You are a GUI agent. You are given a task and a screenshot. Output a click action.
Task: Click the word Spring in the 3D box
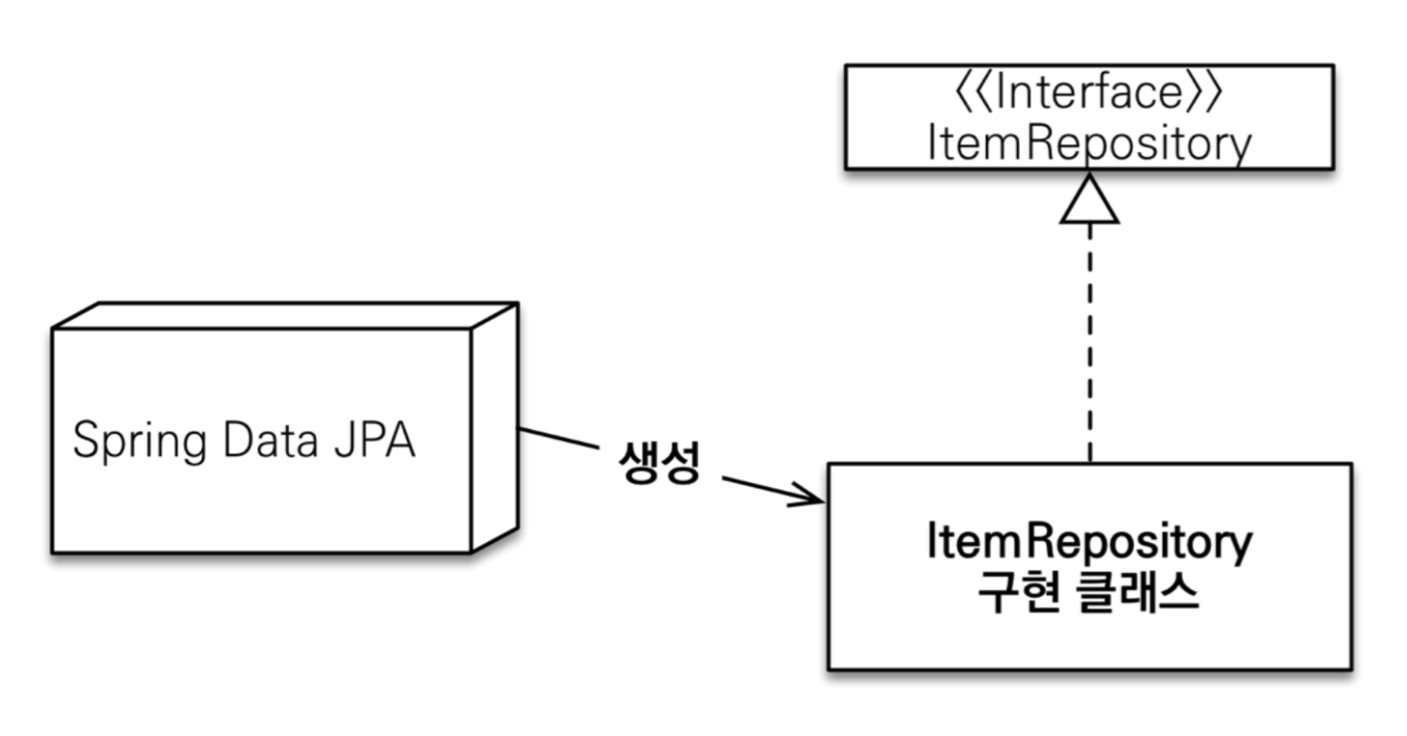pos(139,442)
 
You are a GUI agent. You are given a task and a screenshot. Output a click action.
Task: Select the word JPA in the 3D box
pos(376,440)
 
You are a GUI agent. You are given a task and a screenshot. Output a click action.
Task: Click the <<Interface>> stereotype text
pos(1088,93)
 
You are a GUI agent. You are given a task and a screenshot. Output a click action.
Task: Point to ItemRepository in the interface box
pos(1088,144)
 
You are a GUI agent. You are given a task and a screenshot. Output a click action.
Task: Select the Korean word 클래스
pos(1138,594)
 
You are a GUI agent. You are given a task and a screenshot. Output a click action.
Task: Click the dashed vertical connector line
pos(1090,346)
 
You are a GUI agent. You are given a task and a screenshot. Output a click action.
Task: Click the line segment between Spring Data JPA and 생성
pos(558,438)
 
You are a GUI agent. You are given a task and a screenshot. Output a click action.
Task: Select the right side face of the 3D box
pos(495,428)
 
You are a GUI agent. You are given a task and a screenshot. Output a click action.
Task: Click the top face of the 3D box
pos(282,315)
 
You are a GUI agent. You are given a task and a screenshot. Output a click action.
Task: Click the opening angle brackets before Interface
pos(971,93)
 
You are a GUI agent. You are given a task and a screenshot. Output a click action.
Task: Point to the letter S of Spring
pos(85,440)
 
